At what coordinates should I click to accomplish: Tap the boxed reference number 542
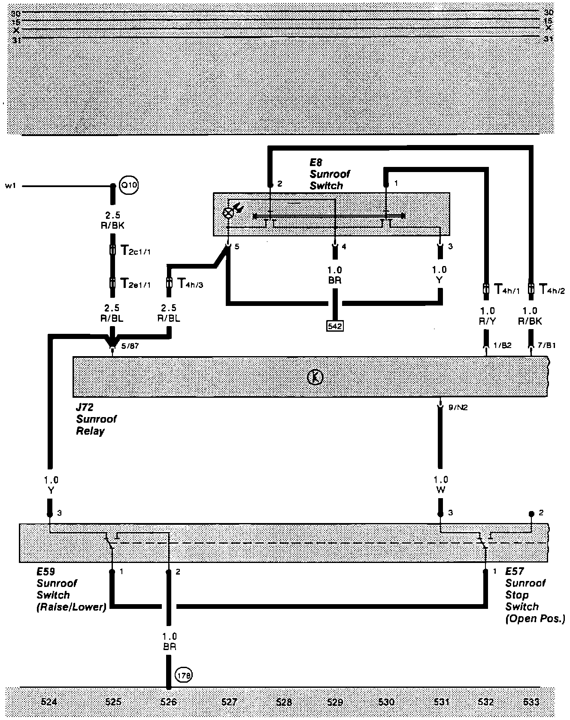335,326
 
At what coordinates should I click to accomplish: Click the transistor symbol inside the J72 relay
316,377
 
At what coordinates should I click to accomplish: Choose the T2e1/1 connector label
135,284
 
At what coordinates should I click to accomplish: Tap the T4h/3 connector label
190,284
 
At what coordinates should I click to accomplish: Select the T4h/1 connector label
507,290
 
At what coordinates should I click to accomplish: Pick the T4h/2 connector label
552,290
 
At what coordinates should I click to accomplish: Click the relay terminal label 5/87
130,346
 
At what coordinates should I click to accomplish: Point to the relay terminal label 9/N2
458,407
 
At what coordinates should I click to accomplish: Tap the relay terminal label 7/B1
547,345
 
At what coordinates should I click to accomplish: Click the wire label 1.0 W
440,484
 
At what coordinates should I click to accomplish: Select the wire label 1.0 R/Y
487,316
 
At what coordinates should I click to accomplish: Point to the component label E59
46,572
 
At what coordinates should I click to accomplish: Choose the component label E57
515,572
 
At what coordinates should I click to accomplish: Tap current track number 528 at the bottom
284,702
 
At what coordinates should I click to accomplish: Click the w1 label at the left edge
11,186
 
